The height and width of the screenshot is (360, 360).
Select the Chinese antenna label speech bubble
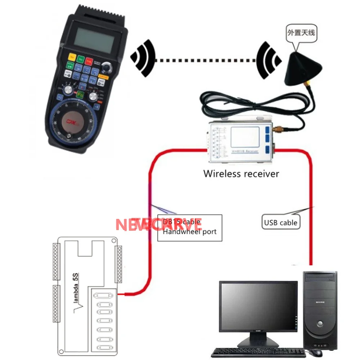(301, 33)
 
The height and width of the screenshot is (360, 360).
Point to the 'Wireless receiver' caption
(241, 174)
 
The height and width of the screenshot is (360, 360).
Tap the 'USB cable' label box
(280, 222)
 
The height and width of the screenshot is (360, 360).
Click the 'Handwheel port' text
(190, 231)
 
